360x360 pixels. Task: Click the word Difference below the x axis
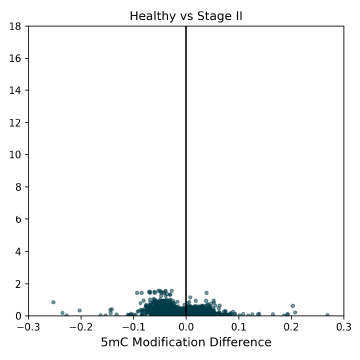click(236, 343)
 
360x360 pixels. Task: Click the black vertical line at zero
click(186, 150)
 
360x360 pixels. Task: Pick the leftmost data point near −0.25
click(53, 302)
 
